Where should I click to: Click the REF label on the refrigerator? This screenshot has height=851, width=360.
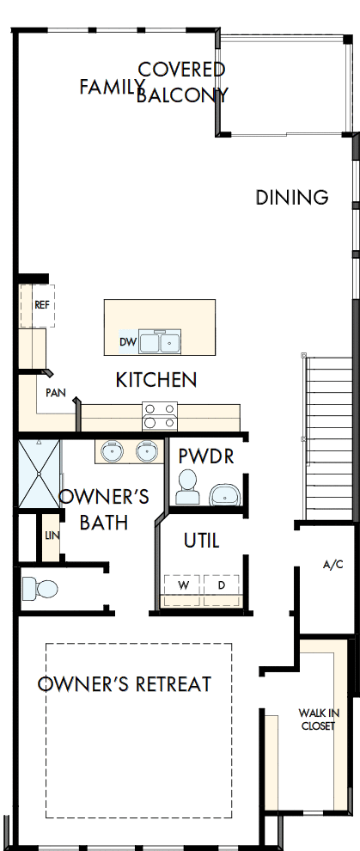pos(41,305)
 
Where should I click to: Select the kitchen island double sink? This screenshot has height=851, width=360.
pos(160,342)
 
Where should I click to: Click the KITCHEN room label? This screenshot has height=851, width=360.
pos(157,379)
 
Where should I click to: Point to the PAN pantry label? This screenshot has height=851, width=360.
pos(57,392)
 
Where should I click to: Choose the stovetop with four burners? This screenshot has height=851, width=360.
pos(159,416)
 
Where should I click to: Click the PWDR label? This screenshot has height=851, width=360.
pos(206,456)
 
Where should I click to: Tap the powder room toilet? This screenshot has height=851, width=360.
pos(186,492)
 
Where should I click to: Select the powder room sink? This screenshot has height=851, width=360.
pos(224,495)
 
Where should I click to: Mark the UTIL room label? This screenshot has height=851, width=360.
pos(202,541)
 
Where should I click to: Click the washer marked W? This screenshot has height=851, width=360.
pos(183,585)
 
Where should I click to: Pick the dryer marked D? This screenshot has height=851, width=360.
pos(221,585)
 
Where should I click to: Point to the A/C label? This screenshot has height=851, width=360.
pos(333,565)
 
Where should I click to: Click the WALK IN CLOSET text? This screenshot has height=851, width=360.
pos(318,719)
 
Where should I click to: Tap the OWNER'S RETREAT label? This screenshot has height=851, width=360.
pos(125,684)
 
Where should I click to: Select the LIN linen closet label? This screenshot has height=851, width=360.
pos(52,536)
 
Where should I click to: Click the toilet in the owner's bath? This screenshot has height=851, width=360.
pos(39,589)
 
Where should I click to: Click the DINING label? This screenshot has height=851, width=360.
pos(292,197)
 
